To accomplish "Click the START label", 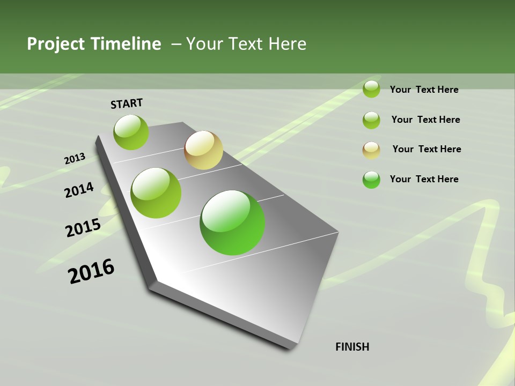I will coord(127,103).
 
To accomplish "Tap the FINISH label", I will coord(352,347).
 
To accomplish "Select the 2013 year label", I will coord(75,159).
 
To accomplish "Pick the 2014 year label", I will coord(79,190).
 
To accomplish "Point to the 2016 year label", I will coord(91,271).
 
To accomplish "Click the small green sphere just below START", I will coord(131,132).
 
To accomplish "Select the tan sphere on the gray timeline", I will coord(203,150).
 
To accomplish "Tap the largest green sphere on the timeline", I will coord(232,222).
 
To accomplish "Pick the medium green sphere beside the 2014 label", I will coord(156,192).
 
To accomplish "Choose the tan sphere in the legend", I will coord(371,150).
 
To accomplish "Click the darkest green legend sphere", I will coord(371,180).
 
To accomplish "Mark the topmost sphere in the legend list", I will coord(371,89).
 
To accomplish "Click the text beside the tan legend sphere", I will coord(426,149).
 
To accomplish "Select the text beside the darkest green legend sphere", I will coord(424,179).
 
